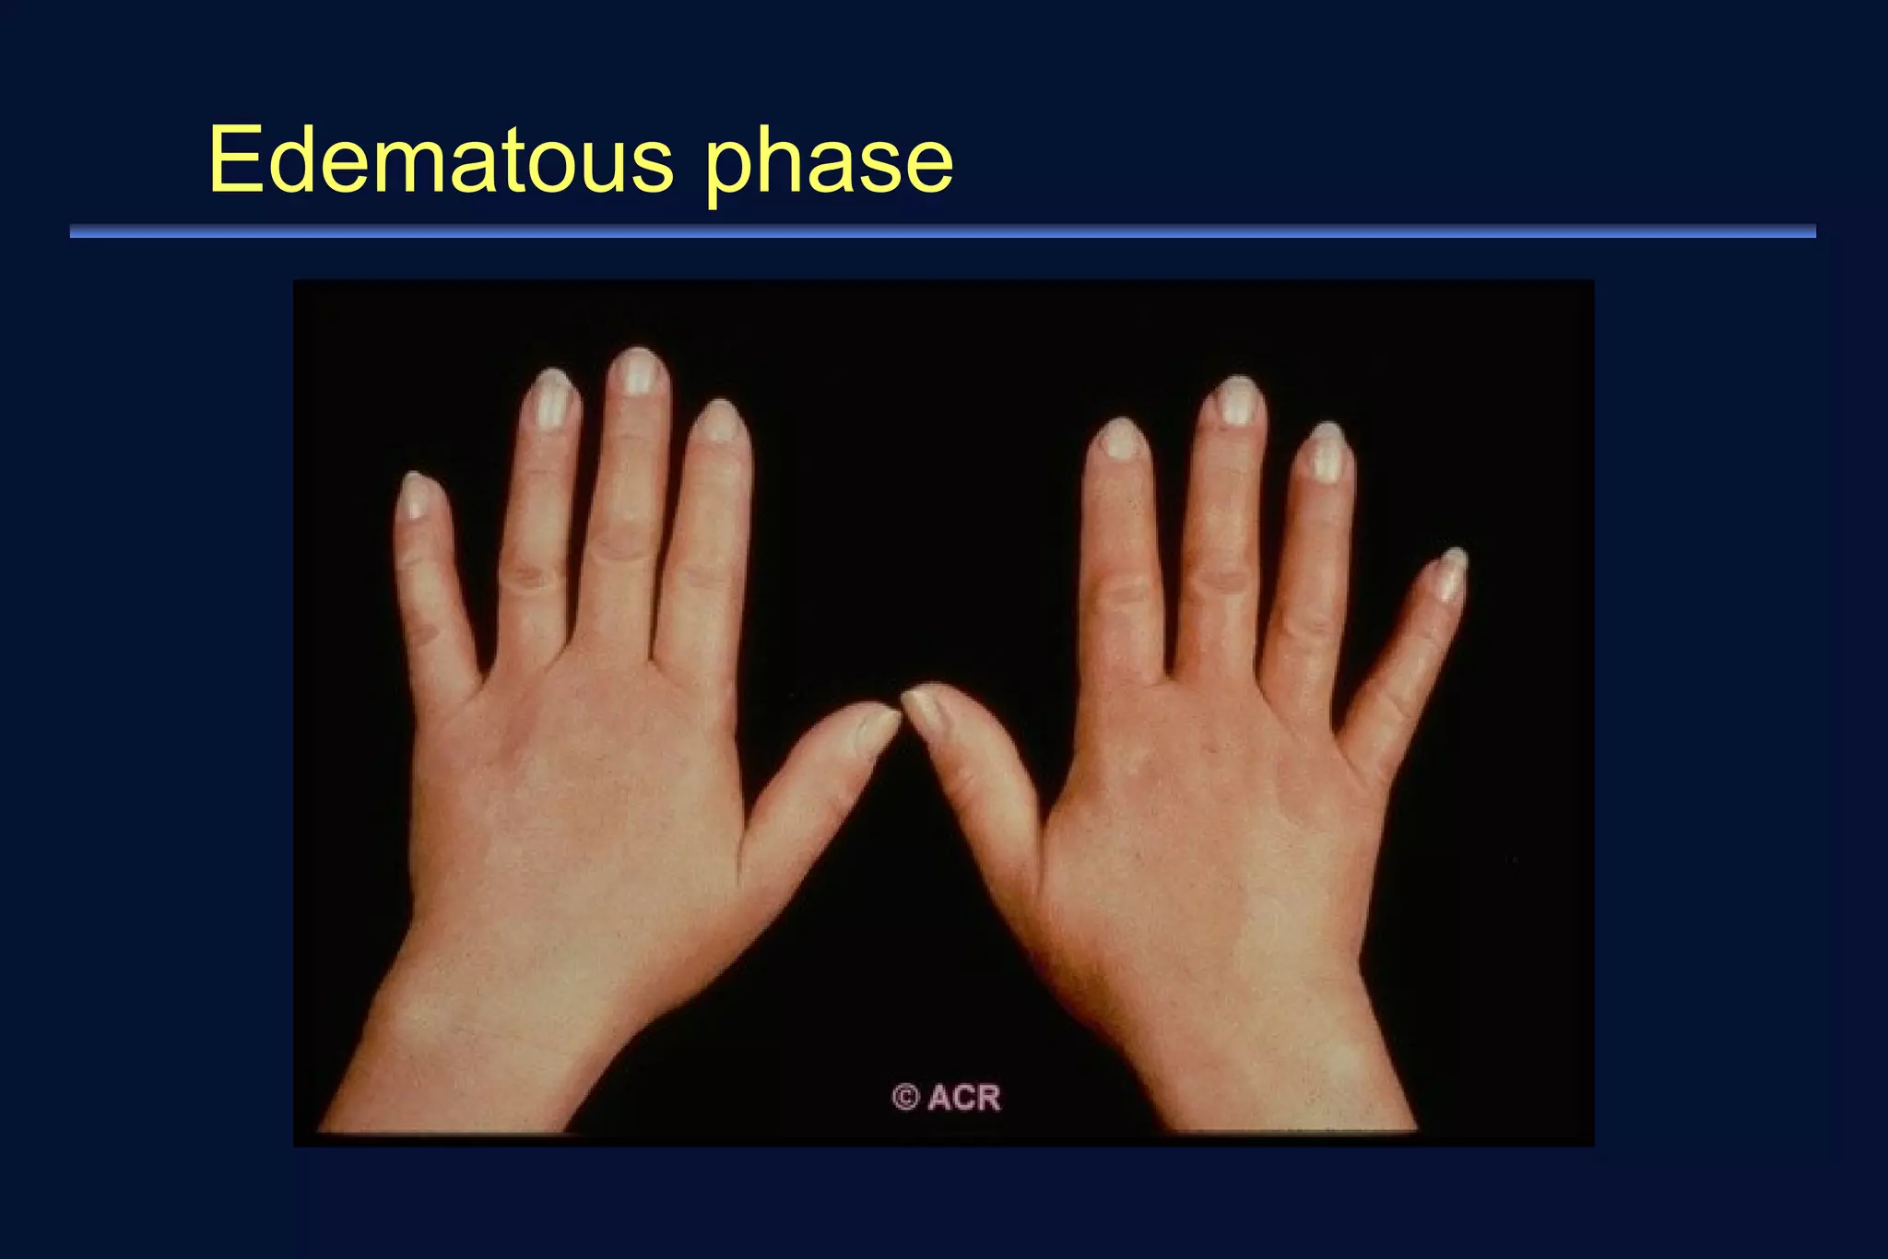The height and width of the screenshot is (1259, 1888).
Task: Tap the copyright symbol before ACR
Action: tap(905, 1098)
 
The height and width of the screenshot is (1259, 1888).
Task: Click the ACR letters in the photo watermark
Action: tap(964, 1098)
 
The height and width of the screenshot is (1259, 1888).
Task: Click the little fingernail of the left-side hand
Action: tap(416, 496)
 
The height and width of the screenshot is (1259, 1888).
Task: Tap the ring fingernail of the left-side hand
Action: tap(552, 399)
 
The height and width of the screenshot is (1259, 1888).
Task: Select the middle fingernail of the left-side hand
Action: tap(637, 371)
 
